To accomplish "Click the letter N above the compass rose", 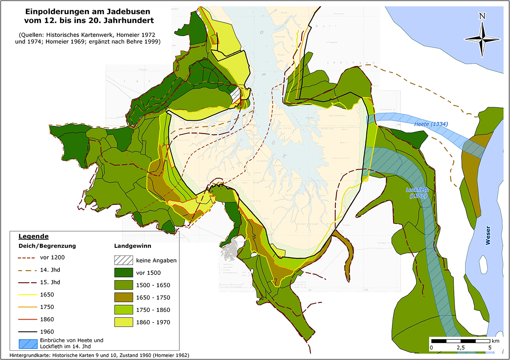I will coord(482,17).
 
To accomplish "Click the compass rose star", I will coord(482,39).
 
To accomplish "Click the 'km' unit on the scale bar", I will coord(496,341).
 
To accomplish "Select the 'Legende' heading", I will coord(34,236).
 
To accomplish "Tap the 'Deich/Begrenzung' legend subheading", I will coord(47,246).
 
